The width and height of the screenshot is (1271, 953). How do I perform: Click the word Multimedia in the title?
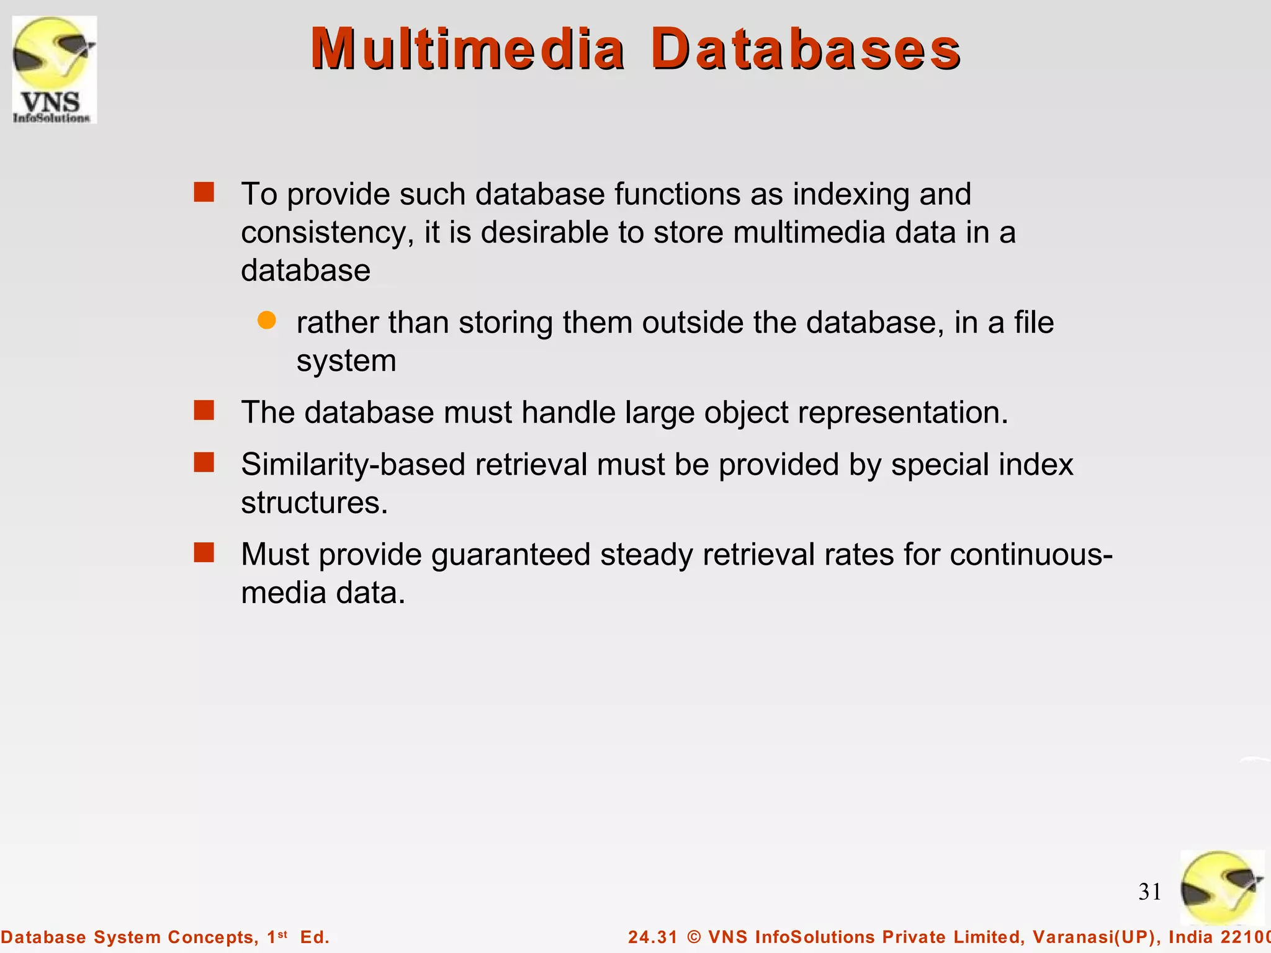click(467, 50)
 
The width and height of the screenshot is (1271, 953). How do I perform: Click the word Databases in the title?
click(806, 50)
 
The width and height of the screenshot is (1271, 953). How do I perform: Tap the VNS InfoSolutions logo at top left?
click(54, 69)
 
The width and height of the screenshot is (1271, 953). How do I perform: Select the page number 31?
click(1149, 892)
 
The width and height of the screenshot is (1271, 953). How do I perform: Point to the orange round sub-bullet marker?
click(267, 321)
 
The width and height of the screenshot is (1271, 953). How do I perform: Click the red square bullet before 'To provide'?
click(204, 192)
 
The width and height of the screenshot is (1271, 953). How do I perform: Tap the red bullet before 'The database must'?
click(204, 411)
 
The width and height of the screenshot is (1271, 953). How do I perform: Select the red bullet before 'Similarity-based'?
click(204, 463)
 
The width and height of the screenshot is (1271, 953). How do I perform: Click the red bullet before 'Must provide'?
click(204, 552)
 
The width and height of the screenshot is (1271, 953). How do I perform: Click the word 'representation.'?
click(903, 413)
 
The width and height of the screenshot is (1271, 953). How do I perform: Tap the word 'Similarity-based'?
click(353, 465)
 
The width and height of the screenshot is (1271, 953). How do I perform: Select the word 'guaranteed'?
click(510, 555)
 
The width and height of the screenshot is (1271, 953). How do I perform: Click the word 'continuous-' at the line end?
click(1031, 555)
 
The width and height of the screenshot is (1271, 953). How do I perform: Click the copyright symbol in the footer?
click(694, 937)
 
